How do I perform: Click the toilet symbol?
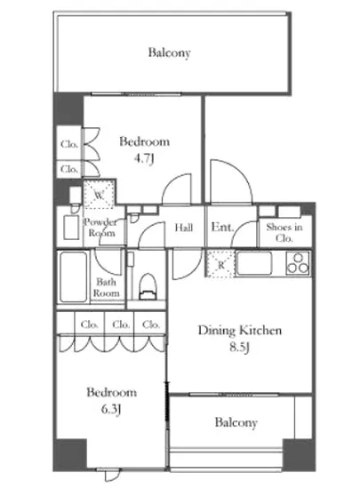(148, 286)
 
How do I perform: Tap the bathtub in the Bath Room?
(74, 277)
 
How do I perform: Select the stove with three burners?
(298, 263)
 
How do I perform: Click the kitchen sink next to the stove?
(254, 263)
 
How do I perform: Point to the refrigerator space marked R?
(220, 264)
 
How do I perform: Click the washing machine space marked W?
(99, 196)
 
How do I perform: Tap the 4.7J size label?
(144, 159)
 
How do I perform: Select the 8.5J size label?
(240, 348)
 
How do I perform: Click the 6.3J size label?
(111, 409)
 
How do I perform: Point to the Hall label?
(184, 228)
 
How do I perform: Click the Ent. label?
(222, 227)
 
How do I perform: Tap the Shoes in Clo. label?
(284, 233)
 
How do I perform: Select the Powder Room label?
(100, 228)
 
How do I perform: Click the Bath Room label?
(107, 287)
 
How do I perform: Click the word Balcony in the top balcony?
(169, 52)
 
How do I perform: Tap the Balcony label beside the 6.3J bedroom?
(236, 422)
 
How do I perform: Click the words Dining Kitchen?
(240, 331)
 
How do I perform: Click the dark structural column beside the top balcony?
(68, 109)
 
